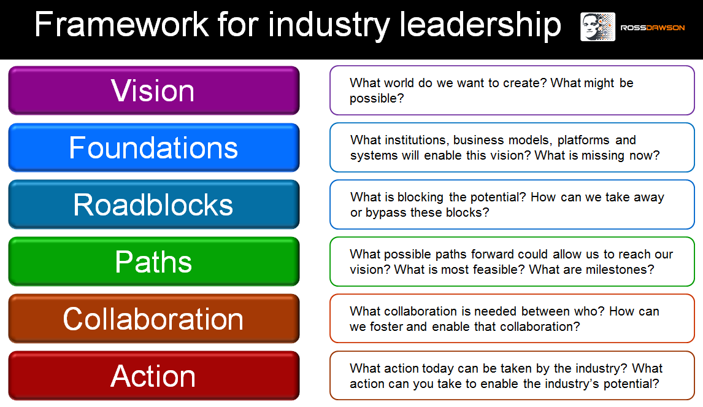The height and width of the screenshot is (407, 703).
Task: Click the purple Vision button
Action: [x=154, y=90]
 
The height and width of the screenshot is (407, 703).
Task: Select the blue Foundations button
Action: [x=154, y=147]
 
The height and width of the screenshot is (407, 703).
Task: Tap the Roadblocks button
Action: [x=154, y=204]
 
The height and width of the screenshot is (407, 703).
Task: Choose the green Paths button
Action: [x=154, y=262]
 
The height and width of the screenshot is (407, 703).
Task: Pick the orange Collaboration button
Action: [x=154, y=319]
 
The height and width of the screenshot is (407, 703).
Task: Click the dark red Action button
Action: [x=154, y=376]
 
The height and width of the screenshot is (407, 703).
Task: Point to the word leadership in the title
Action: [x=480, y=25]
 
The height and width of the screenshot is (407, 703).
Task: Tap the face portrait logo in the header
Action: [x=597, y=27]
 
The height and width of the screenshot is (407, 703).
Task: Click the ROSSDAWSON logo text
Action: [x=652, y=28]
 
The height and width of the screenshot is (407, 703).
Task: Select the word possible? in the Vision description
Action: [x=377, y=99]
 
